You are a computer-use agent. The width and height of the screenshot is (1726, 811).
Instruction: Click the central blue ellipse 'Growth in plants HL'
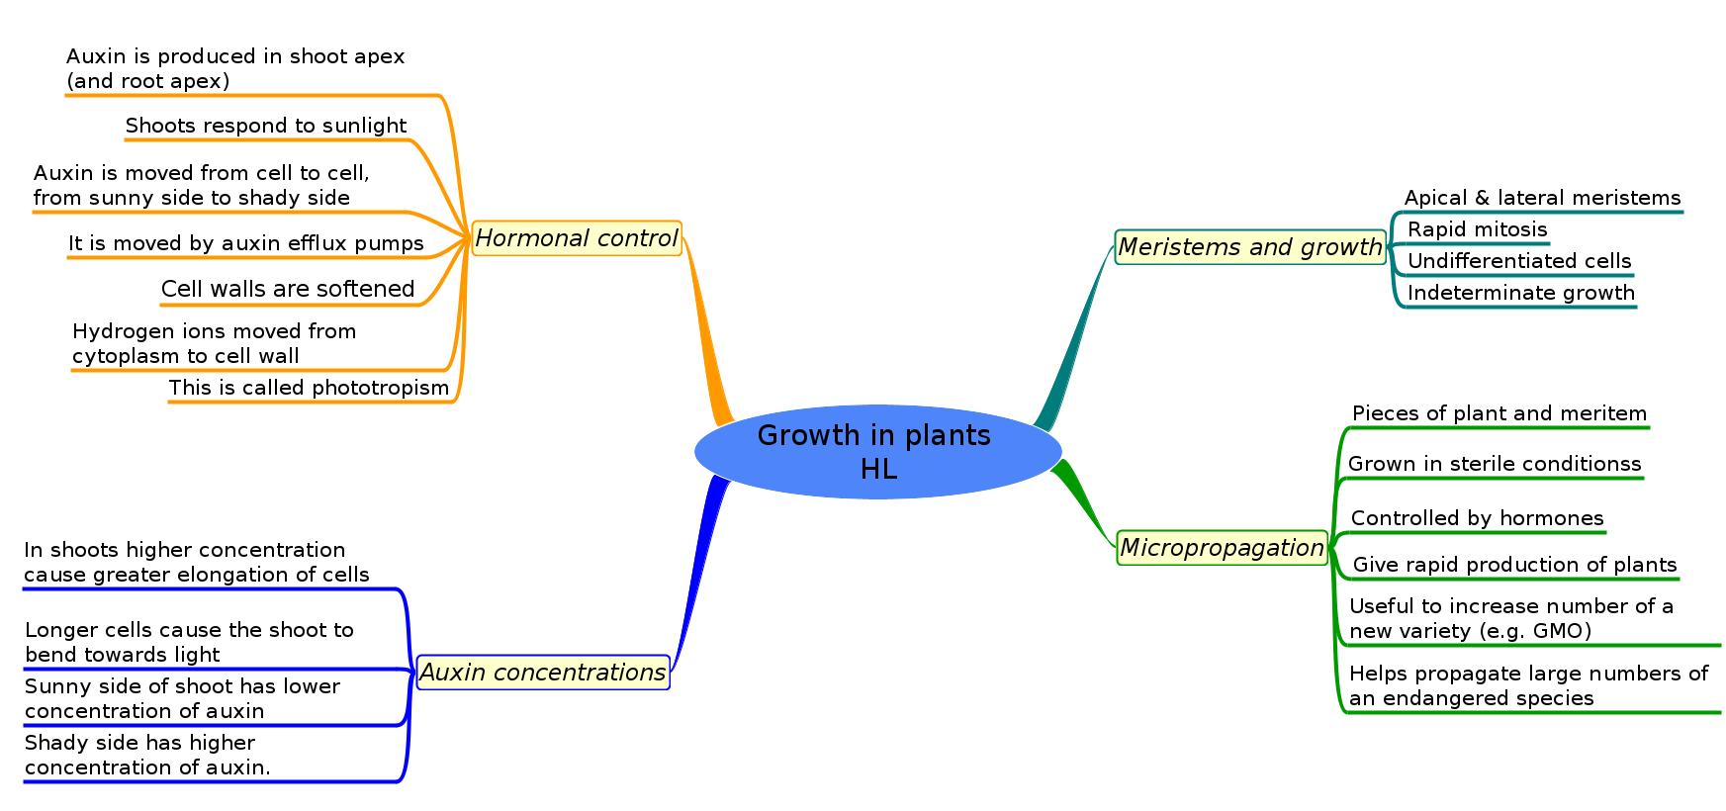877,451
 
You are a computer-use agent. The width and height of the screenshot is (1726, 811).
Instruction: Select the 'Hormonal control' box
577,238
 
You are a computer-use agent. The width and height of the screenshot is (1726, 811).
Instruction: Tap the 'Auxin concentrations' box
543,673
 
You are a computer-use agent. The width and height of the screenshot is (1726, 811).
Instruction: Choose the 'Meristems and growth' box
1250,247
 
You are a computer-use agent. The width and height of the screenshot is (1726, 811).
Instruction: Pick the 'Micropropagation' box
1222,548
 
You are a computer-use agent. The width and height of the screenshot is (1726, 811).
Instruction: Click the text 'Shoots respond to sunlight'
265,126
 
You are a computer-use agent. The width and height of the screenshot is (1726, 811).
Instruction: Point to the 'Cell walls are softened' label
288,289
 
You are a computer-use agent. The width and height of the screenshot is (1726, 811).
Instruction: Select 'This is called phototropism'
309,388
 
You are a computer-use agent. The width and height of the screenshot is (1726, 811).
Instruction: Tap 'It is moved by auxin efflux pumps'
245,243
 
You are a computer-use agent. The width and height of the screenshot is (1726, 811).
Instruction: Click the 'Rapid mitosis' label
1477,229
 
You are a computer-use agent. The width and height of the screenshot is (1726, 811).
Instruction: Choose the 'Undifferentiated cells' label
1518,261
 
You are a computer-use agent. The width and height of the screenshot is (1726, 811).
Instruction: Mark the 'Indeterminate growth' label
1520,293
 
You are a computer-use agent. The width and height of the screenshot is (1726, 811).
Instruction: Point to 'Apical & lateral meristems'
1542,198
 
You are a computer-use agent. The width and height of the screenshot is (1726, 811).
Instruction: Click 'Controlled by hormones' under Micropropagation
1477,518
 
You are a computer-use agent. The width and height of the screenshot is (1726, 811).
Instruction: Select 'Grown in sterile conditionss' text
1494,464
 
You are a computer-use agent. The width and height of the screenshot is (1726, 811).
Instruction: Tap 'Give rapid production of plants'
1514,565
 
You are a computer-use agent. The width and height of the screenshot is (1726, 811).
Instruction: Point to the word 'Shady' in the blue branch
54,743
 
